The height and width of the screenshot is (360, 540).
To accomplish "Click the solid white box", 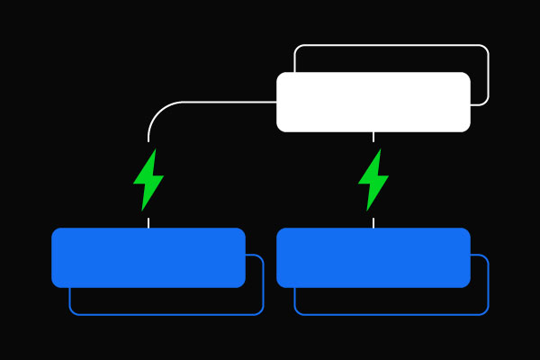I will point(373,102).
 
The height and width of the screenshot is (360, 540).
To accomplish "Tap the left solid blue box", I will point(148,257).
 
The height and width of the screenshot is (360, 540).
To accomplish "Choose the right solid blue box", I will point(373,257).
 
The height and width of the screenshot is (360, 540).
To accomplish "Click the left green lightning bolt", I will point(148,180).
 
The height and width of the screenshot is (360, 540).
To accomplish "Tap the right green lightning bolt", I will point(373,180).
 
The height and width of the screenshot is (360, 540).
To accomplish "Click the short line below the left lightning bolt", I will point(148,221).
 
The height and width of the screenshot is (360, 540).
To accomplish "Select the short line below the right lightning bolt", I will point(373,221).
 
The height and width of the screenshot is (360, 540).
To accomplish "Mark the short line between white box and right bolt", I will point(373,138).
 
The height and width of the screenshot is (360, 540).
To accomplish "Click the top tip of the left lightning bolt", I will point(155,149).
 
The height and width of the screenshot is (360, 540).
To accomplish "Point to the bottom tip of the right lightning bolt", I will point(367,211).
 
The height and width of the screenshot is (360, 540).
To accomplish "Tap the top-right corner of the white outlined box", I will point(486,47).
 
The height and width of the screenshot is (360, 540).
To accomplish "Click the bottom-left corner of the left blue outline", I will point(72,312).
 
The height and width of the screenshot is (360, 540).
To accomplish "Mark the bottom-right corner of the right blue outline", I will point(486,312).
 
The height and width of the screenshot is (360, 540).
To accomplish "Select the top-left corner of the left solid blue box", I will point(55,231).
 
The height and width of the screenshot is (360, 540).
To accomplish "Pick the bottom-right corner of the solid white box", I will point(467,129).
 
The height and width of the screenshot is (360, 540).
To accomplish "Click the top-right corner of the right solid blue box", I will point(467,231).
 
